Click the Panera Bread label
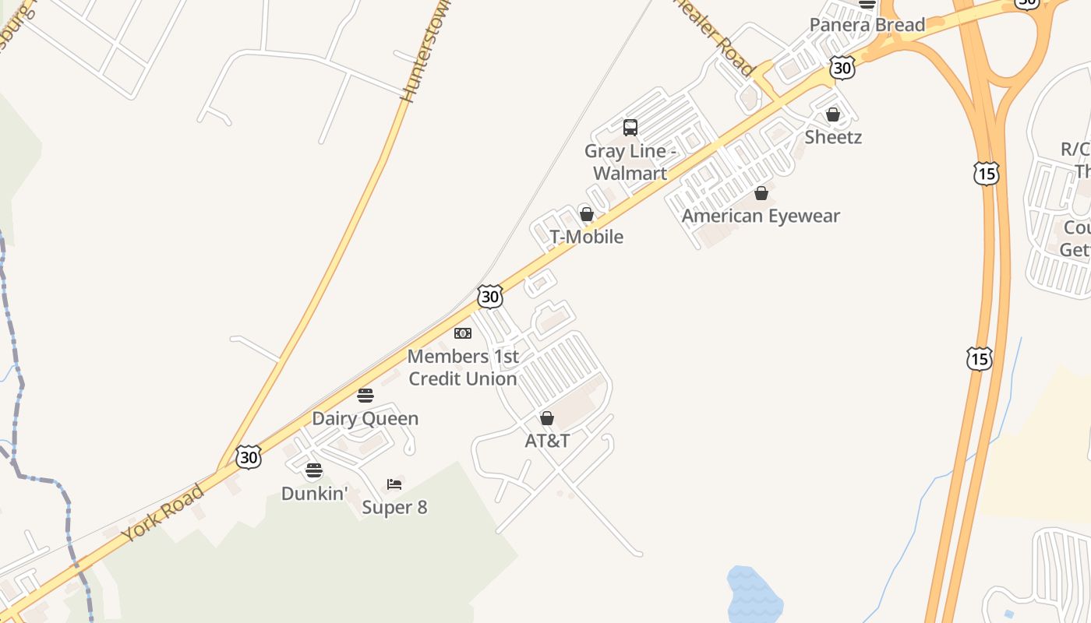(867, 25)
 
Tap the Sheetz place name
(833, 137)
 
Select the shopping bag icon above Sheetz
(833, 115)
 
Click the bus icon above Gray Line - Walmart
(630, 127)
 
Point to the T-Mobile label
(587, 237)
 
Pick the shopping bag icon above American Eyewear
(761, 193)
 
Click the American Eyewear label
(761, 216)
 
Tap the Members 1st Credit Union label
(463, 368)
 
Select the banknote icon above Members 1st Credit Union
(463, 333)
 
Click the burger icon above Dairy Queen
(365, 396)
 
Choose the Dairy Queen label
(365, 418)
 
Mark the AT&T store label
(547, 441)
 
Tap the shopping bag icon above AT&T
(547, 418)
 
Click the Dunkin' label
(314, 493)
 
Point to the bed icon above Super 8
(394, 484)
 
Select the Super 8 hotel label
(394, 508)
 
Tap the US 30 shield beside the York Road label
(249, 457)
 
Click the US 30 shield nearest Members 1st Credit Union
(490, 297)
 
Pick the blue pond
(754, 596)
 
